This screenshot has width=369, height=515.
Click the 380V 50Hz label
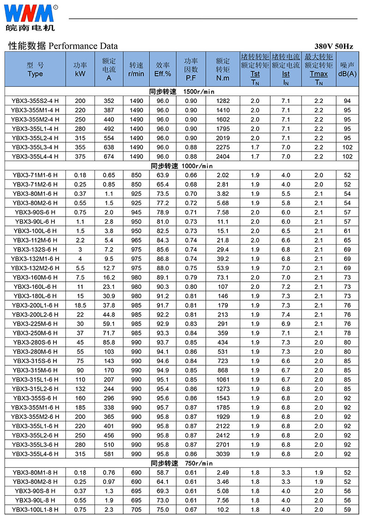(x=333, y=46)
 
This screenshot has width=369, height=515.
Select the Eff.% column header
(x=163, y=69)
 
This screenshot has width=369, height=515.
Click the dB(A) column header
(x=347, y=69)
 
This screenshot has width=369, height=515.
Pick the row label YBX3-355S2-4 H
(x=36, y=101)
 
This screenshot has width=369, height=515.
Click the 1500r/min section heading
(x=182, y=91)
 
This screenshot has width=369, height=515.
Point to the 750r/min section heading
(x=182, y=463)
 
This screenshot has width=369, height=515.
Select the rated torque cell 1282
(x=223, y=101)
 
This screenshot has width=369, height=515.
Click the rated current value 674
(x=109, y=157)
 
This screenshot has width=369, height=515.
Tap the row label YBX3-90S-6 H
(x=36, y=212)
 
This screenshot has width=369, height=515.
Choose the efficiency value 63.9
(x=163, y=175)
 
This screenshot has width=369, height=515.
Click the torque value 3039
(x=223, y=454)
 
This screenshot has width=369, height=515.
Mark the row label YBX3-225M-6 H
(x=36, y=323)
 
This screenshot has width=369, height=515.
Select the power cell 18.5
(x=80, y=305)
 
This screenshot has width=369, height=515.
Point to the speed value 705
(x=137, y=509)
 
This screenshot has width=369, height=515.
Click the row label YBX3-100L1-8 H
(x=36, y=509)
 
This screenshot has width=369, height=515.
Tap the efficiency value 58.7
(x=163, y=473)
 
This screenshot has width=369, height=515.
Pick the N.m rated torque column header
(x=223, y=69)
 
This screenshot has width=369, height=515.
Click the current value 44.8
(x=109, y=314)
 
